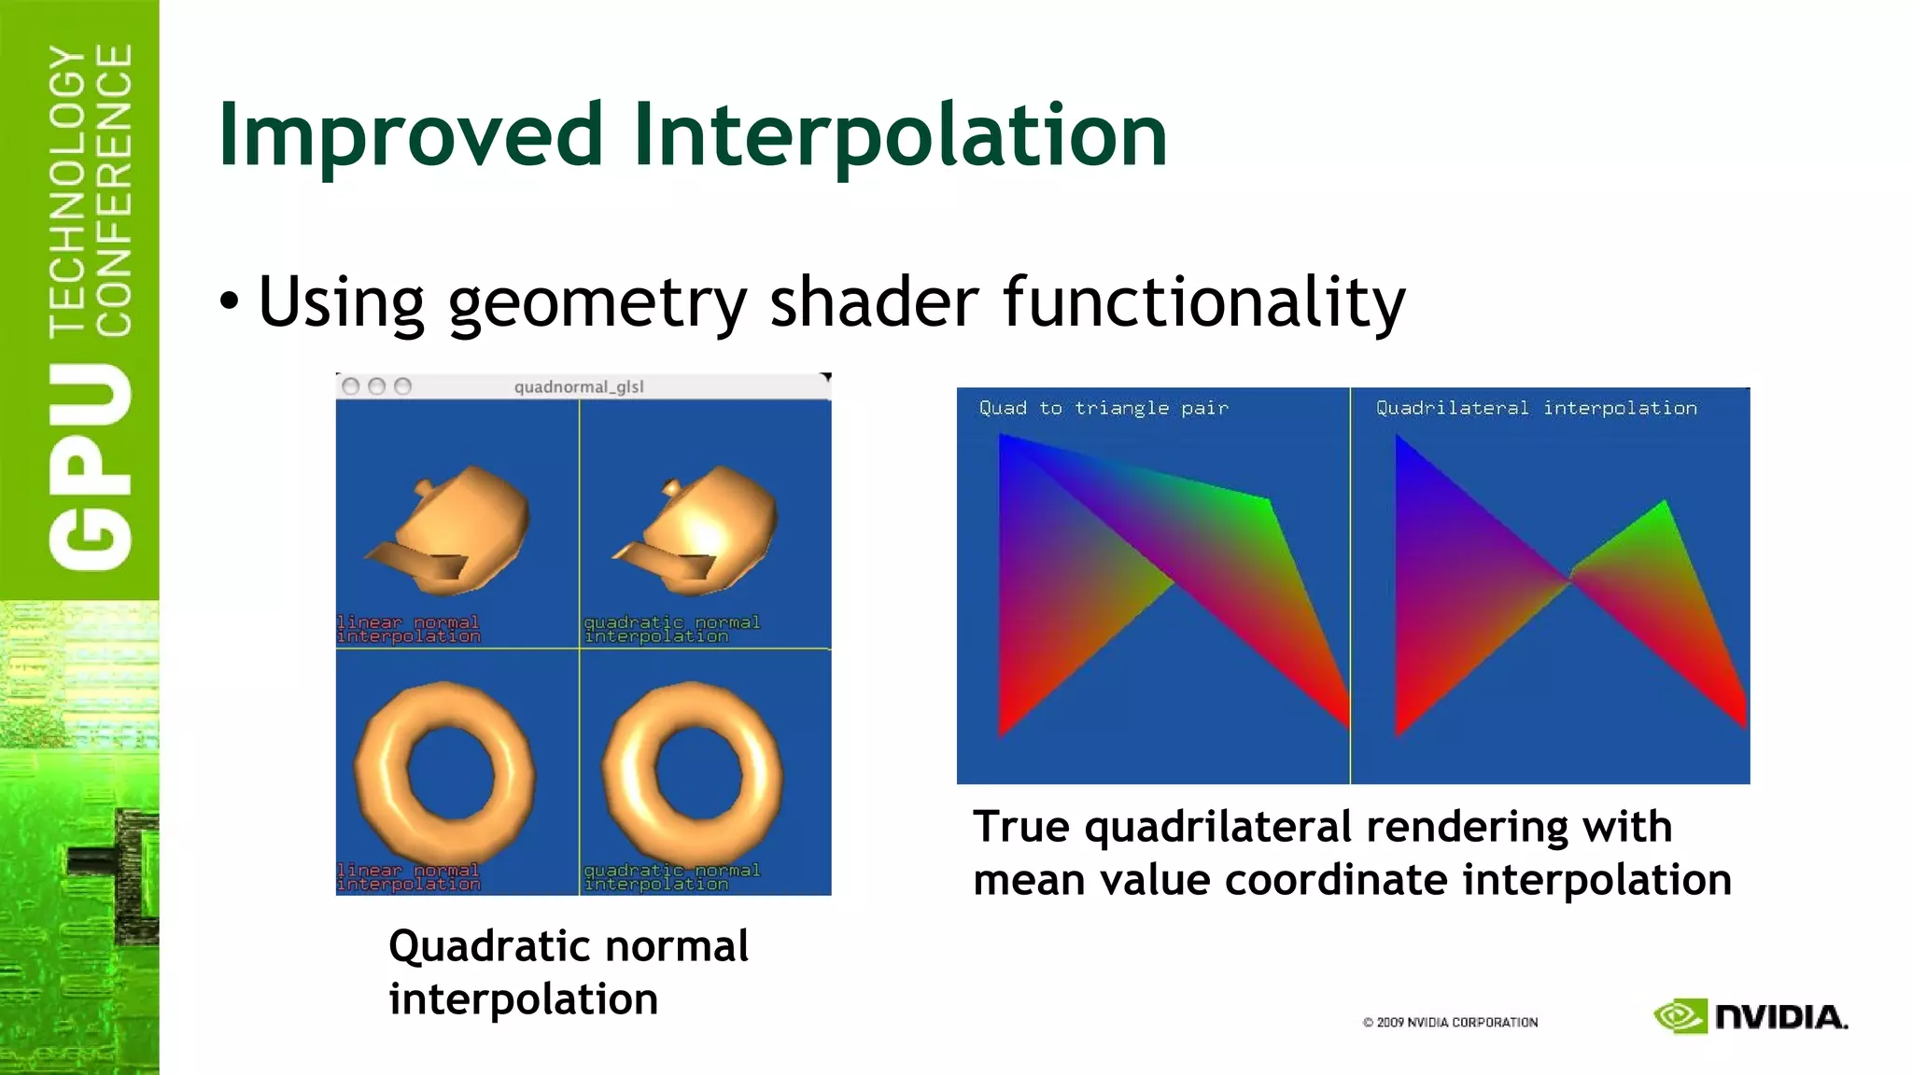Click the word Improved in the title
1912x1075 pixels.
411,136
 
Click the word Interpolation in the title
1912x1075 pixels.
900,136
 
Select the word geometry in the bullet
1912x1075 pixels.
597,303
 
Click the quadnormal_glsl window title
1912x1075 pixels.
579,386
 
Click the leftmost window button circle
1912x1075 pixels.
351,386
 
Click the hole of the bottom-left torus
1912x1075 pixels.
444,771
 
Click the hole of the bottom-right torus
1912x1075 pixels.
692,771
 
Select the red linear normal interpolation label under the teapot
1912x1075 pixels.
408,629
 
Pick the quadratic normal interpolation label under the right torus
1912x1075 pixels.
671,877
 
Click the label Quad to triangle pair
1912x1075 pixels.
1104,408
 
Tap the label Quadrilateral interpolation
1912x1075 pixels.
1536,408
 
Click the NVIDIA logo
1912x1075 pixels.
1750,1016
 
